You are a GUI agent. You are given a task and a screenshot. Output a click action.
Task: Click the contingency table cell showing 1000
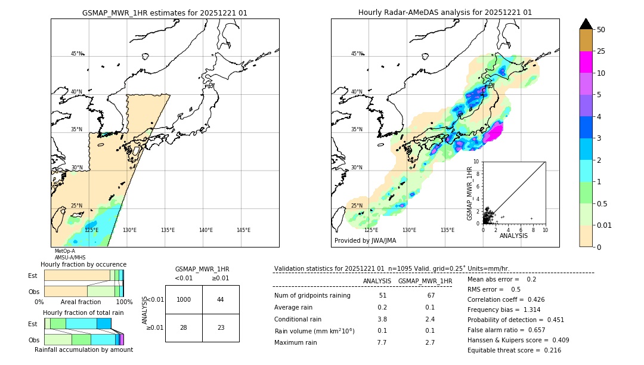pyautogui.click(x=184, y=299)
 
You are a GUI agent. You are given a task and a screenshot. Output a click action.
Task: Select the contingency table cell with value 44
pyautogui.click(x=221, y=299)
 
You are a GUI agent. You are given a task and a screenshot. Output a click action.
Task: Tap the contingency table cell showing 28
pyautogui.click(x=184, y=327)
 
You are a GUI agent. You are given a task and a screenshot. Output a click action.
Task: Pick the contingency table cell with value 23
pyautogui.click(x=221, y=327)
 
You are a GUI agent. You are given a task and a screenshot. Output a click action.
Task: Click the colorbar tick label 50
pyautogui.click(x=601, y=30)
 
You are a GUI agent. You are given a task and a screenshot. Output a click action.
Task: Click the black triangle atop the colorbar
pyautogui.click(x=586, y=24)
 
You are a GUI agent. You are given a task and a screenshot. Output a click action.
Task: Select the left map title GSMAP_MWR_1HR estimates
pyautogui.click(x=165, y=13)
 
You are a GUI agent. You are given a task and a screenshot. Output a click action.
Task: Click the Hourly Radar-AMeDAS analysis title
pyautogui.click(x=445, y=13)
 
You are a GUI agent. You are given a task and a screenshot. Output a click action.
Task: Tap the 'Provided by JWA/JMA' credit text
pyautogui.click(x=365, y=241)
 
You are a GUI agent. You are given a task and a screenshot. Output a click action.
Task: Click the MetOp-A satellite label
pyautogui.click(x=65, y=251)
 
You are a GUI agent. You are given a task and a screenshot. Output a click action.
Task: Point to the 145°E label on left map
pyautogui.click(x=243, y=230)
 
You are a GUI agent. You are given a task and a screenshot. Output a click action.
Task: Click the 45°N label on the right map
pyautogui.click(x=357, y=54)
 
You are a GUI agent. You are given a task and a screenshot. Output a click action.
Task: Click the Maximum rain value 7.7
pyautogui.click(x=382, y=343)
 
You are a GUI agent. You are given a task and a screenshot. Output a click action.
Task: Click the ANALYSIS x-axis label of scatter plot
pyautogui.click(x=513, y=236)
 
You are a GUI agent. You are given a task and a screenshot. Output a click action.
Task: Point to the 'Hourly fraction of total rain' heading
pyautogui.click(x=83, y=313)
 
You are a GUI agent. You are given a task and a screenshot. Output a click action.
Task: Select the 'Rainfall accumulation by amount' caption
pyautogui.click(x=84, y=350)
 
